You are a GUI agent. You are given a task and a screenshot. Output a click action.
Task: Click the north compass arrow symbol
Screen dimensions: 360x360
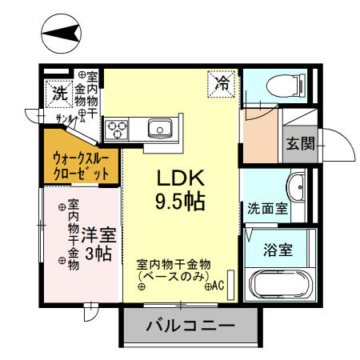[x=62, y=32]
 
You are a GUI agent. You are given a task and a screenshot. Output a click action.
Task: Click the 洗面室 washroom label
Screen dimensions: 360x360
[x=267, y=209]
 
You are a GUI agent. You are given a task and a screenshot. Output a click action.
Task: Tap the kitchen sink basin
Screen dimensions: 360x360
[x=158, y=127]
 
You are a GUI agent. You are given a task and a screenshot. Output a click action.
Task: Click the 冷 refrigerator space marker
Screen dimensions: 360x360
[x=221, y=82]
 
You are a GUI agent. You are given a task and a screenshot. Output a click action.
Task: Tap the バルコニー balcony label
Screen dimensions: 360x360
[x=190, y=326]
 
